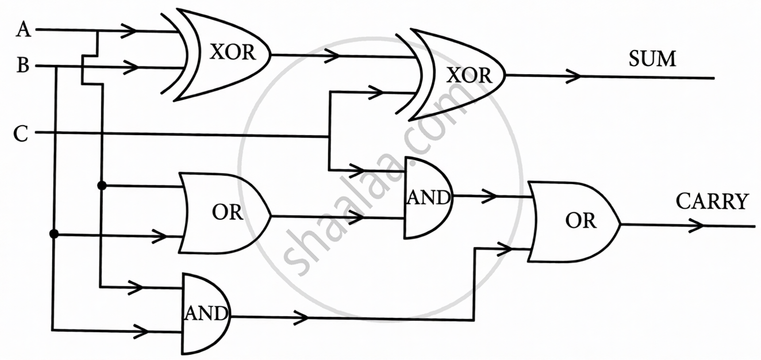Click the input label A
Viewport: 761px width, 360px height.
[x=23, y=30]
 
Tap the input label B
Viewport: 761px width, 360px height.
[x=23, y=66]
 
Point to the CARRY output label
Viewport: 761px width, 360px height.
[x=712, y=202]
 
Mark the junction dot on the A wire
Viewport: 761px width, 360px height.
[x=102, y=186]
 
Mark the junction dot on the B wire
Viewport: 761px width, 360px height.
[x=54, y=234]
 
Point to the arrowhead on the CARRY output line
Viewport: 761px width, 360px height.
[x=697, y=225]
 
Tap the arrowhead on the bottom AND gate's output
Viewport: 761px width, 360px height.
[x=302, y=317]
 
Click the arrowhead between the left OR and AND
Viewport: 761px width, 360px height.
[x=358, y=217]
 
